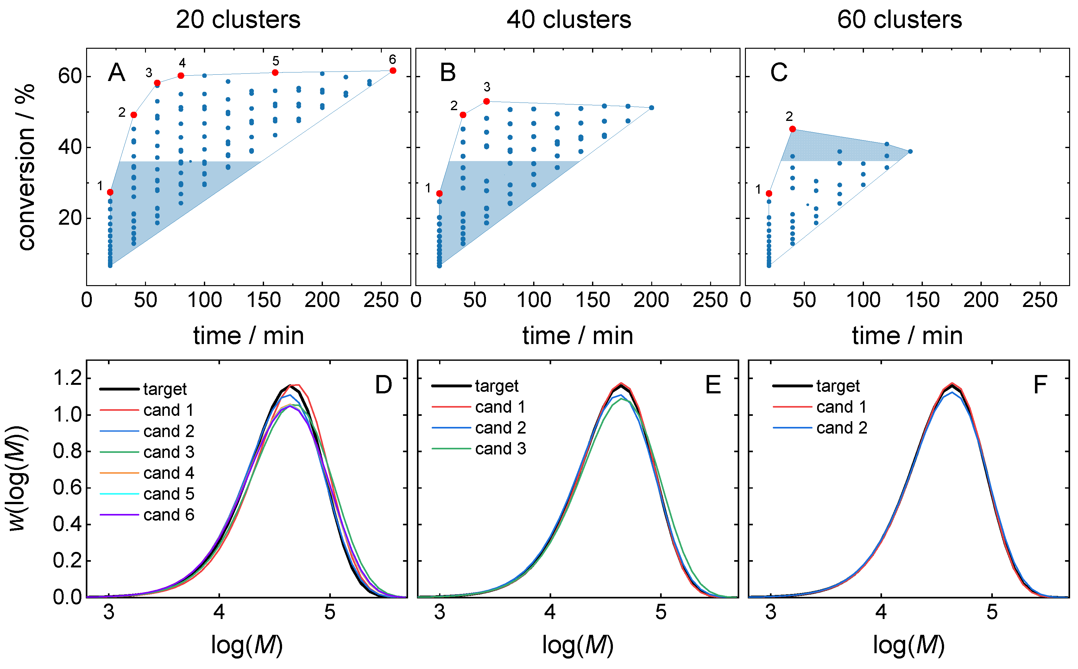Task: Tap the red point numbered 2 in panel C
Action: coord(792,129)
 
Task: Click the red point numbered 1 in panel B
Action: coord(439,194)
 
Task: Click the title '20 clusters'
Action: coord(238,20)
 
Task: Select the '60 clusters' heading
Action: coord(900,20)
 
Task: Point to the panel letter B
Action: coord(448,72)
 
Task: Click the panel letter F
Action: coord(1040,385)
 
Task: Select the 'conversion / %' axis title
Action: coord(27,167)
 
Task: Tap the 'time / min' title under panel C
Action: coord(907,336)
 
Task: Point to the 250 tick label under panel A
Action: coord(381,300)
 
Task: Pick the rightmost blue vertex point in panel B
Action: coord(652,108)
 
